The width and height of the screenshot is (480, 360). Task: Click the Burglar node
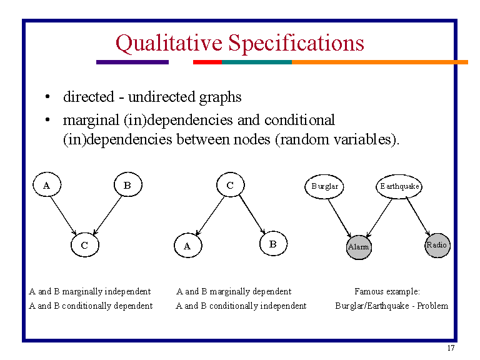click(324, 186)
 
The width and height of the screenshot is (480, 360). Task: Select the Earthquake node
click(400, 186)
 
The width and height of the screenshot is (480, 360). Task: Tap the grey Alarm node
click(359, 246)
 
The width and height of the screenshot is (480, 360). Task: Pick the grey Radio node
click(437, 245)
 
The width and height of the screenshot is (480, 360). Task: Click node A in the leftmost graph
click(47, 185)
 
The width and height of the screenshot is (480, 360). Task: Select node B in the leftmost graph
click(127, 185)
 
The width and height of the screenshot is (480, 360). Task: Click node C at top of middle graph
click(230, 185)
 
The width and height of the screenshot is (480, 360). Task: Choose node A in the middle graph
click(187, 246)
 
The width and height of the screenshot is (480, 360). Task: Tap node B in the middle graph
click(272, 244)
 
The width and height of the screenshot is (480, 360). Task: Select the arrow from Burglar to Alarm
click(341, 217)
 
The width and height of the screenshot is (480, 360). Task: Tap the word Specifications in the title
click(296, 43)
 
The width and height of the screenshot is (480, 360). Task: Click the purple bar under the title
click(132, 62)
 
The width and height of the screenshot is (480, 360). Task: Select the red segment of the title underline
click(207, 62)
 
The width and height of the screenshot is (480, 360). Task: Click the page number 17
click(451, 348)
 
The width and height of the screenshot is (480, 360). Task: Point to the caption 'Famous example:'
click(387, 291)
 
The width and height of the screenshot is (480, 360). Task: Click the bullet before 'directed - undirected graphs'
click(47, 98)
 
